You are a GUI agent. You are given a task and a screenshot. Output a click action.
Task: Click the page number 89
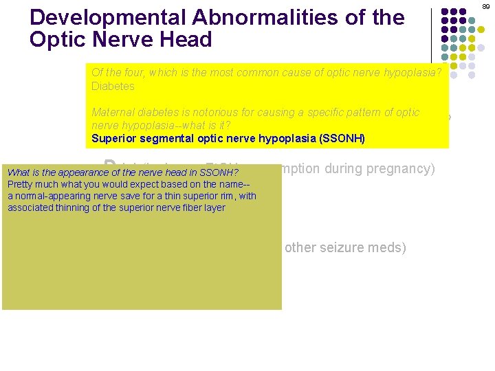486,5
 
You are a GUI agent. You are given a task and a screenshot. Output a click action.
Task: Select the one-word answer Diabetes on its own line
113,87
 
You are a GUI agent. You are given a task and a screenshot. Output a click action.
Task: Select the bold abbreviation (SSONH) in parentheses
342,139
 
